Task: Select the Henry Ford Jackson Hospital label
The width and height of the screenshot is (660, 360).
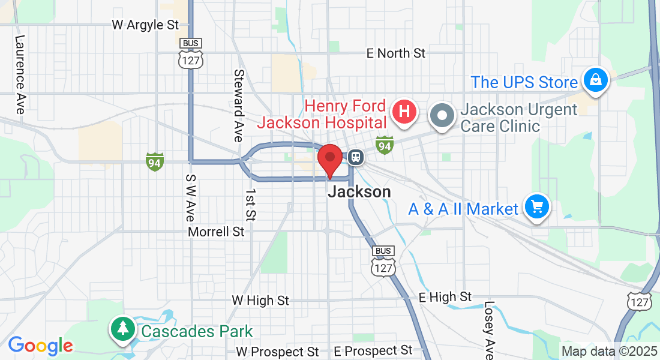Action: click(322, 115)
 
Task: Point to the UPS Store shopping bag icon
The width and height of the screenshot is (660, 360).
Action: click(596, 80)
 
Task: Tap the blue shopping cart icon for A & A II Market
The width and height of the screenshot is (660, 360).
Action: click(536, 207)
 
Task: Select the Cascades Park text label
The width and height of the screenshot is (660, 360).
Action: click(197, 331)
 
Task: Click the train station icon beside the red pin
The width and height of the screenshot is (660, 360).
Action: click(355, 157)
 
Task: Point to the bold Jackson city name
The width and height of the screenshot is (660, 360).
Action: click(359, 192)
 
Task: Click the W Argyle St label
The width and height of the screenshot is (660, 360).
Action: click(146, 25)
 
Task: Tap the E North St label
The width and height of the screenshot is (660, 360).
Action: click(396, 53)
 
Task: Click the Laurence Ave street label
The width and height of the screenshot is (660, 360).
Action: click(20, 74)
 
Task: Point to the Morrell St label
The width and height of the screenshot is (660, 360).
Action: click(216, 232)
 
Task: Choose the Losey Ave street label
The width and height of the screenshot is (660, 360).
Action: click(489, 330)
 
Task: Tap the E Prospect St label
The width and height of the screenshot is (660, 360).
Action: click(373, 350)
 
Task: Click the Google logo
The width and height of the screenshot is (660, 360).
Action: click(40, 346)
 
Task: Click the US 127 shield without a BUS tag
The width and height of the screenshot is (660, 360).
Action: click(640, 302)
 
